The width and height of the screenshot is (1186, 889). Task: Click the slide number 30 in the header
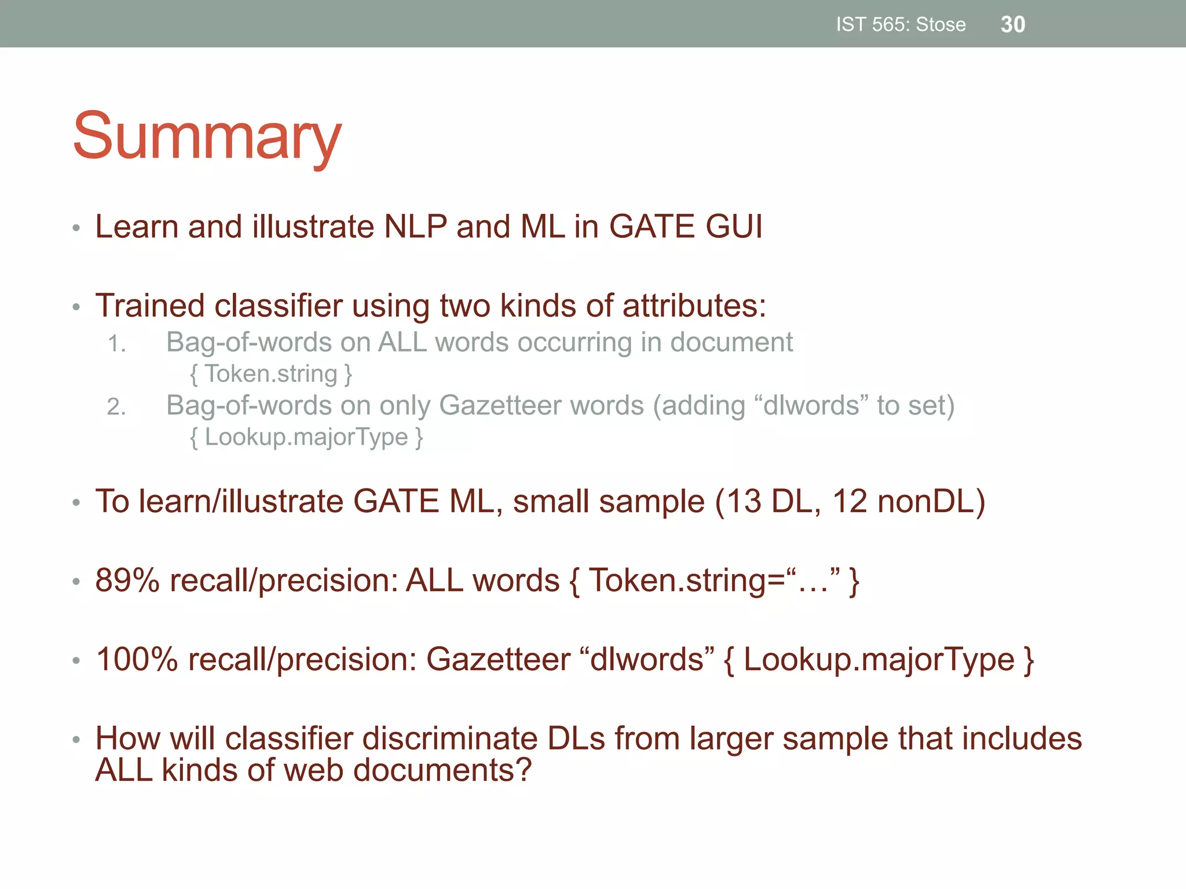click(1013, 24)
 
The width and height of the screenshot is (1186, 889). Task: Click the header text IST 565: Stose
click(901, 24)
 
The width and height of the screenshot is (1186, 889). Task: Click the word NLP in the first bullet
click(416, 226)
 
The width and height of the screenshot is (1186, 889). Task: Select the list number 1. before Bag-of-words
click(117, 344)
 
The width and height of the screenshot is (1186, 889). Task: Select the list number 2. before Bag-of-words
click(116, 407)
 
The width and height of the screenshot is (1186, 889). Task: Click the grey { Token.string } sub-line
click(271, 374)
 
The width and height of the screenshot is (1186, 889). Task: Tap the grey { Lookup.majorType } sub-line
click(306, 437)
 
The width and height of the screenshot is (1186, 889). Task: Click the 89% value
click(127, 580)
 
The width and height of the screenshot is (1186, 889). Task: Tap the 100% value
click(137, 659)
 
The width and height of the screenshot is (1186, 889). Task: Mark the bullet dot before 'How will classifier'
click(76, 739)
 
